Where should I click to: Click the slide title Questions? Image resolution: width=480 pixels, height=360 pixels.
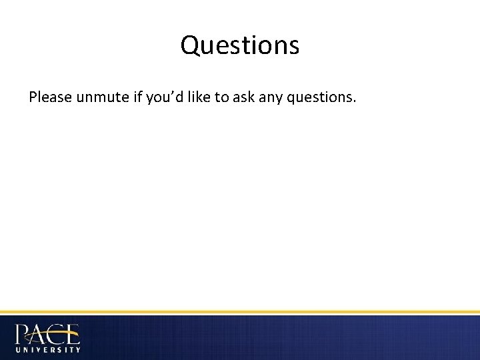pos(240,46)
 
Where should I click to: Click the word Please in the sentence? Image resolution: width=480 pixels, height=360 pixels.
pos(51,98)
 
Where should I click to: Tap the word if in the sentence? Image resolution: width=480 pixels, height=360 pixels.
pos(137,98)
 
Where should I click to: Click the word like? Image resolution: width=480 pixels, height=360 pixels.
pos(198,98)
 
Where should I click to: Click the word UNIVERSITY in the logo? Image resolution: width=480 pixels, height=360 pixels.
pos(47,349)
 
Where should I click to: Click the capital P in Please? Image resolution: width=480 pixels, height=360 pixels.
pos(33,98)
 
